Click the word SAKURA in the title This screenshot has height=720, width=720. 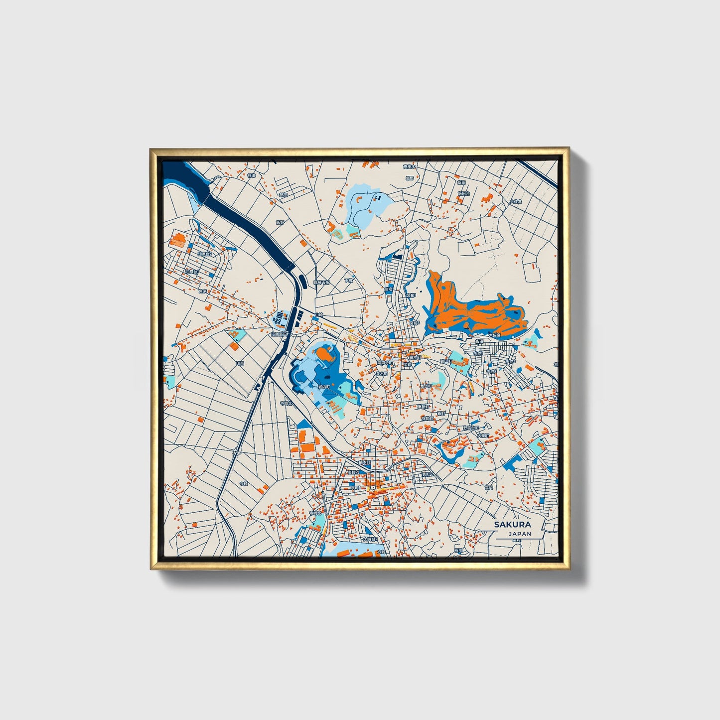pyautogui.click(x=513, y=525)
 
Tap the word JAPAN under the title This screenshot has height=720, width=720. pyautogui.click(x=520, y=534)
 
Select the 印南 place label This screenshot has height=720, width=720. pyautogui.click(x=240, y=363)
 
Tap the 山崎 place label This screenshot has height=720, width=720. pyautogui.click(x=319, y=315)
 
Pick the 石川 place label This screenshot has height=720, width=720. pyautogui.click(x=458, y=551)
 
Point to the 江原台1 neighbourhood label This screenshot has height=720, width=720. pyautogui.click(x=192, y=272)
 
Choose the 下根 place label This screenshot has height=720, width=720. pyautogui.click(x=348, y=281)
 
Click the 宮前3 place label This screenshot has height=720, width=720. pyautogui.click(x=415, y=322)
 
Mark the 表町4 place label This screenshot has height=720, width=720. pyautogui.click(x=428, y=474)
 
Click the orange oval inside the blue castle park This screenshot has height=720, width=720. pyautogui.click(x=324, y=355)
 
